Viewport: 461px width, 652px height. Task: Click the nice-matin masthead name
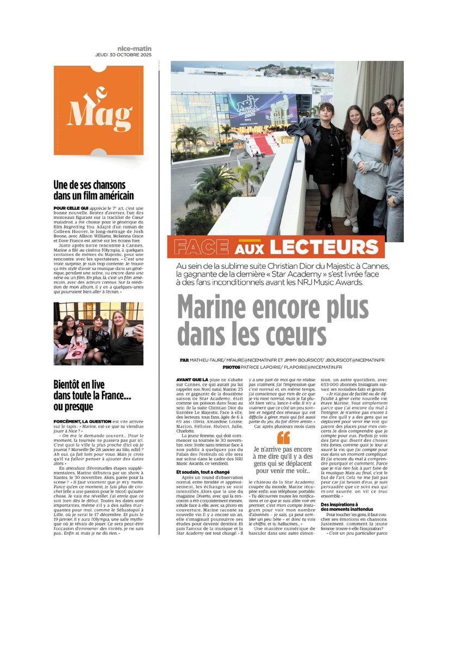(134, 48)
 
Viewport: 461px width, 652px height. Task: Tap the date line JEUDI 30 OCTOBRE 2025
(123, 55)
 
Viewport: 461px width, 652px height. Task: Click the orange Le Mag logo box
(98, 110)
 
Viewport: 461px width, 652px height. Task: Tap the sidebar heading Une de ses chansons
(90, 185)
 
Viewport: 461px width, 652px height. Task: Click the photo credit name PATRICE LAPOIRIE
(233, 367)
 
